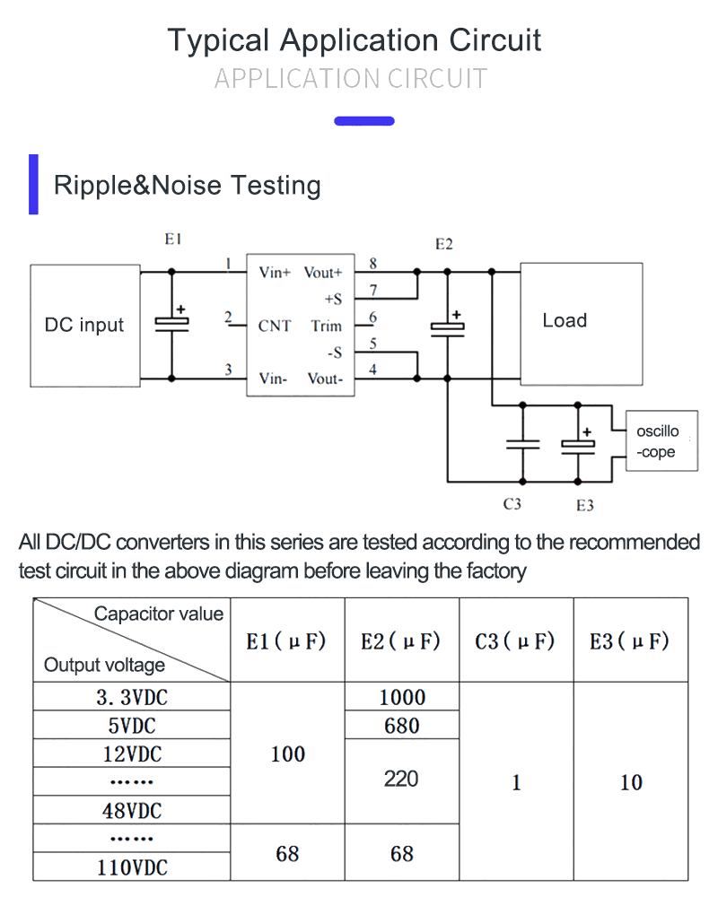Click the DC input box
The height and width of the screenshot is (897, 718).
point(84,325)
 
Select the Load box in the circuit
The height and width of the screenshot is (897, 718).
point(581,321)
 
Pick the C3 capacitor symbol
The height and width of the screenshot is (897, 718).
point(521,443)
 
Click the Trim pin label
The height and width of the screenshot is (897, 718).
point(327,326)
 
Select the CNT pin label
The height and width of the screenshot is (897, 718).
point(275,326)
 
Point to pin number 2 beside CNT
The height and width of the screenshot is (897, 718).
point(229,318)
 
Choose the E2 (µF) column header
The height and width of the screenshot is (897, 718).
point(401,641)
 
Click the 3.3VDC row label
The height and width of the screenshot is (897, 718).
point(132,697)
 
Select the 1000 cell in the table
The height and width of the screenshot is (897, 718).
point(401,697)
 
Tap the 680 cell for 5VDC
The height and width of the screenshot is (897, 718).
point(401,726)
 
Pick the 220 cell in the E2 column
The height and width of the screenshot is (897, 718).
point(401,779)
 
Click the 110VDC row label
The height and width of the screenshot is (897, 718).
point(132,867)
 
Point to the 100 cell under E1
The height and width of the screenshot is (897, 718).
point(287,754)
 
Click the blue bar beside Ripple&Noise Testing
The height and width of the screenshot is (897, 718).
point(34,185)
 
